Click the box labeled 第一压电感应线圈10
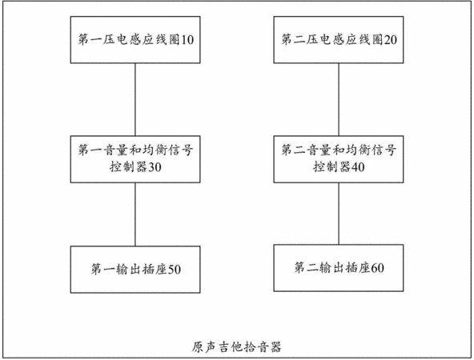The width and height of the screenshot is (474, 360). point(135,39)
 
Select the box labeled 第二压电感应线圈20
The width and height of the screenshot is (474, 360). point(339,39)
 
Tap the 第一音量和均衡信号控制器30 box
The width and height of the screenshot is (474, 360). point(135,159)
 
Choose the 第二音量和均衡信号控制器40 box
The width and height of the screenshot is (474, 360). point(339,159)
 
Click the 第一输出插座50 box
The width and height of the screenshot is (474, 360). point(135,270)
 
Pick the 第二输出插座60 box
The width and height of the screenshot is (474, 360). point(339,268)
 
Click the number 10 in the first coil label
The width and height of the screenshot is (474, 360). point(187,40)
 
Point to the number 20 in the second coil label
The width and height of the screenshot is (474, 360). point(390,40)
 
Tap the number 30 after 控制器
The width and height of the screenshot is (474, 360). point(155,167)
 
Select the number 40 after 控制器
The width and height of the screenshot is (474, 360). point(358,167)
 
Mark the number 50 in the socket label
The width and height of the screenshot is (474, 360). point(175,270)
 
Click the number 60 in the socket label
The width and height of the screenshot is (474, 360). point(378,268)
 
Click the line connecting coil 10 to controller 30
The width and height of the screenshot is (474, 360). point(135,100)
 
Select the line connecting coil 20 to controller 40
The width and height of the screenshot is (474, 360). point(339,100)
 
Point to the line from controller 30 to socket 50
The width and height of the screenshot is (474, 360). point(135,214)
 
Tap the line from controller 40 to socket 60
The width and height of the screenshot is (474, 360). point(339,214)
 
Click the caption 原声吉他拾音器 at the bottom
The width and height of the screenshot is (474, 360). point(237,347)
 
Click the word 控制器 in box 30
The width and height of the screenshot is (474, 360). point(128,167)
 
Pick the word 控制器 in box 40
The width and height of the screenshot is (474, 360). point(332,167)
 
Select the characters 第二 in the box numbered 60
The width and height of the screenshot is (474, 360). point(307,268)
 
